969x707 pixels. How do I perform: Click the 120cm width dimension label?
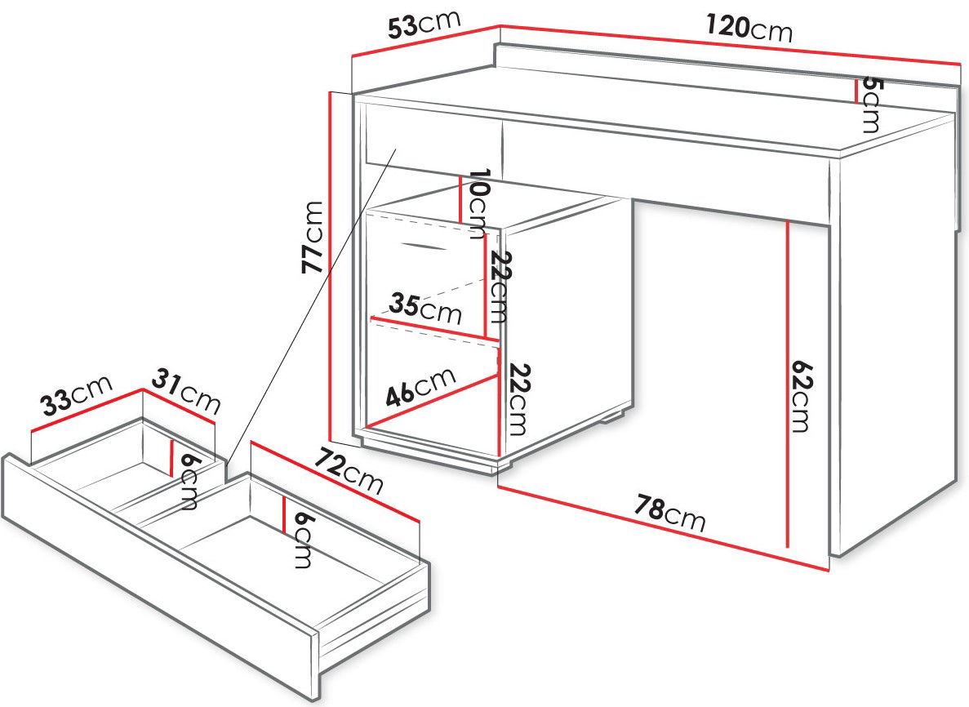(749, 28)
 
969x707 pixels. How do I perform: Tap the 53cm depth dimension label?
(424, 24)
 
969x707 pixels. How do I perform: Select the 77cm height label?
(312, 238)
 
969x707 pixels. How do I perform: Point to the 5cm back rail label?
(870, 104)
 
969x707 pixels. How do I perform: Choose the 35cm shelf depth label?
(425, 309)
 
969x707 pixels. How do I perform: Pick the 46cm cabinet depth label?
(421, 387)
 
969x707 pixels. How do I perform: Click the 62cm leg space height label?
(801, 396)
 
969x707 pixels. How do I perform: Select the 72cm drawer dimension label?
(349, 471)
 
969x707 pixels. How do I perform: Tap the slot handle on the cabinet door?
(423, 246)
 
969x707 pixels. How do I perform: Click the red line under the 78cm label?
(663, 528)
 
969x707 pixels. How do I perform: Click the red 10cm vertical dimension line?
(460, 199)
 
